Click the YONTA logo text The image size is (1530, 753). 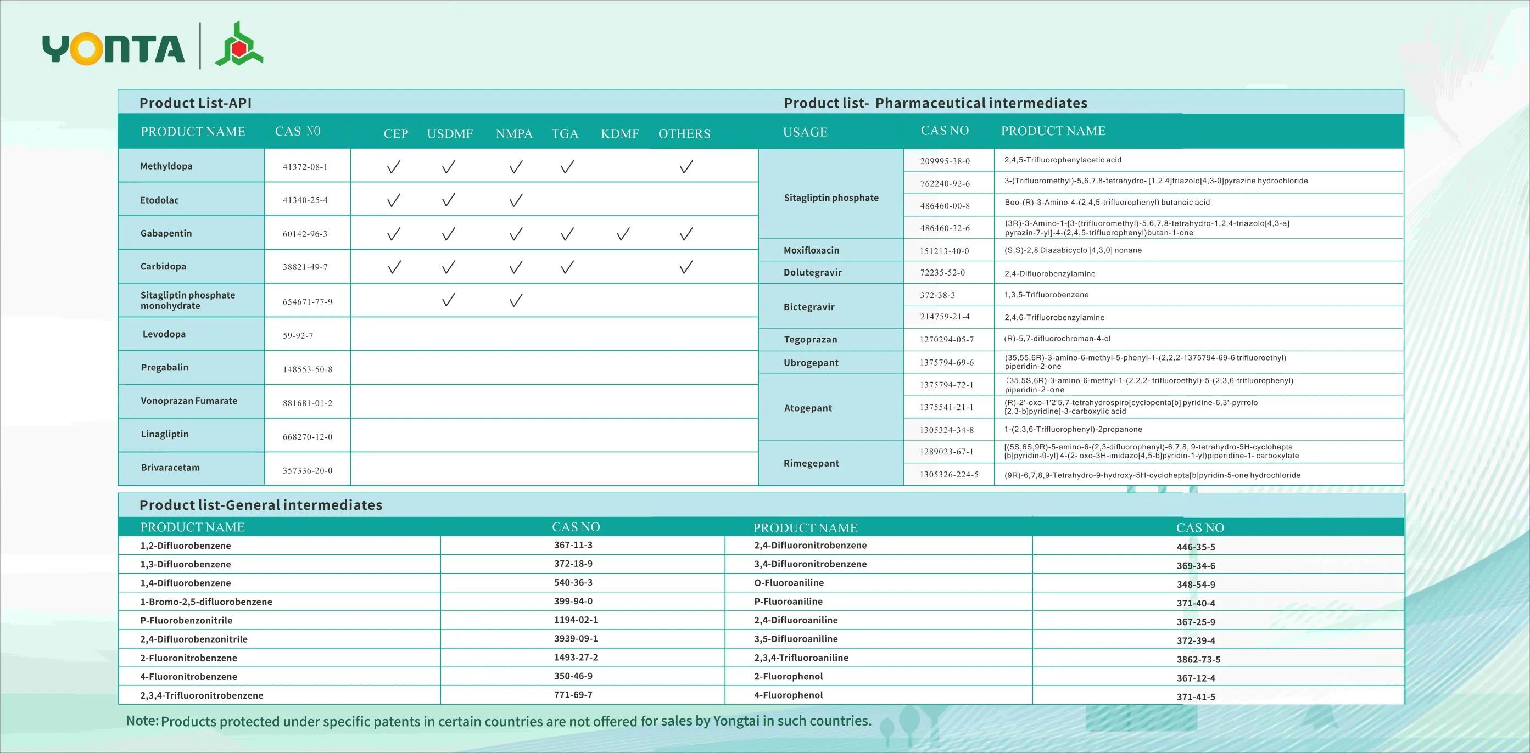(x=113, y=49)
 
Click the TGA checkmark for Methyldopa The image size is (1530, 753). (x=567, y=167)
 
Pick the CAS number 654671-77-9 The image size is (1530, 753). (x=307, y=301)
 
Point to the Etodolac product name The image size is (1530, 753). (x=159, y=200)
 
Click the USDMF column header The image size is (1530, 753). (x=450, y=133)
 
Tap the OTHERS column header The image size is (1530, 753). (x=684, y=133)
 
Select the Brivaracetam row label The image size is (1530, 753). (x=170, y=468)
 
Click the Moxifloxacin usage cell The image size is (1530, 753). (x=811, y=250)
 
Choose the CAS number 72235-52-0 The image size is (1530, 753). (x=942, y=272)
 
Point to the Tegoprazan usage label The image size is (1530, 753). (x=810, y=339)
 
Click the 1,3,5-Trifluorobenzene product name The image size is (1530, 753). (x=1047, y=295)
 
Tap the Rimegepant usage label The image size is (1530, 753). (x=811, y=463)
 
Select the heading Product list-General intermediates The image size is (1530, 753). (x=261, y=505)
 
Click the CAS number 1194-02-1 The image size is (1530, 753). (x=576, y=620)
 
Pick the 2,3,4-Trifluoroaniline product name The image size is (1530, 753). (x=801, y=658)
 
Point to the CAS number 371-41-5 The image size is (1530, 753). (x=1196, y=696)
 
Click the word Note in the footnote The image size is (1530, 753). (x=142, y=721)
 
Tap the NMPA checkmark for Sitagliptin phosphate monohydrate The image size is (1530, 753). (x=516, y=300)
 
